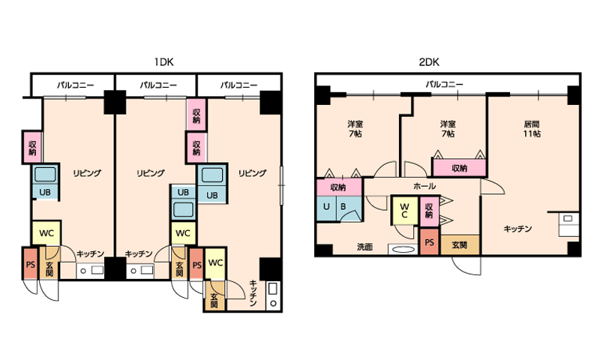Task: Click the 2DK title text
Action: [x=429, y=61]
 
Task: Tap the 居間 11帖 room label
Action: [x=532, y=128]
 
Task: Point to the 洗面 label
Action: [x=364, y=247]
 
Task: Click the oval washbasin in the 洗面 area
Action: [x=403, y=249]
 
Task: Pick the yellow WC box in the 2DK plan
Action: [x=403, y=211]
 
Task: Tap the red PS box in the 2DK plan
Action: [x=430, y=242]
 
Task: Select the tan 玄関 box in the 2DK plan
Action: [x=460, y=244]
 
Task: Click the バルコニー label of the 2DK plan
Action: [x=444, y=84]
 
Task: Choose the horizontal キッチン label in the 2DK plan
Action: [x=517, y=229]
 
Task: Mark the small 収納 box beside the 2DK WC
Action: [x=428, y=211]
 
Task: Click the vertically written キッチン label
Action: [x=253, y=294]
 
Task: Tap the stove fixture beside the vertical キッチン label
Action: [x=272, y=295]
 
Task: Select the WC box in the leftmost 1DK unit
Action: [x=46, y=232]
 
